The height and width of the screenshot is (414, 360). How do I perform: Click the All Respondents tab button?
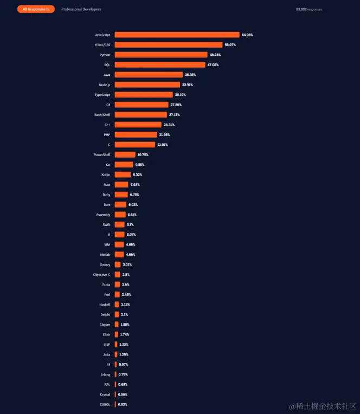36,9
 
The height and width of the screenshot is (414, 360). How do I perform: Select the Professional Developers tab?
81,9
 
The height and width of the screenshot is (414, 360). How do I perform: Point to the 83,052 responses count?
309,9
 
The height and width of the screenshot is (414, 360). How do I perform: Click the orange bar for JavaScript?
177,35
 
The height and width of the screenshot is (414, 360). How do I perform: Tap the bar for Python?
161,55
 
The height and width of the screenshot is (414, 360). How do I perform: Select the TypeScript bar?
144,95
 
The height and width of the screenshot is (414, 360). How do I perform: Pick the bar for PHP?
138,134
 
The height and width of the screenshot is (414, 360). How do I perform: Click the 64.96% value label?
247,35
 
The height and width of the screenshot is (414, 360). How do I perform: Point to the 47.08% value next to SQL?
214,64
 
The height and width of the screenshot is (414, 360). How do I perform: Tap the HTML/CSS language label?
102,44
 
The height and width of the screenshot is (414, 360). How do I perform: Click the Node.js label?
105,85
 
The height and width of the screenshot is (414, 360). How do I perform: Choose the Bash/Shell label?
102,115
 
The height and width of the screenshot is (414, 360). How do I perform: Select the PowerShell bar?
125,154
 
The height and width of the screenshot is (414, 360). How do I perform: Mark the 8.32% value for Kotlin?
139,174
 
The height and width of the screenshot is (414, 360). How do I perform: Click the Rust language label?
106,185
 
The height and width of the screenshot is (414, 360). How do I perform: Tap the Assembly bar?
120,215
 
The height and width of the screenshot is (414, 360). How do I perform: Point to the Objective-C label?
101,275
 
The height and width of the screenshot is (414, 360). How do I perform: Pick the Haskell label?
105,305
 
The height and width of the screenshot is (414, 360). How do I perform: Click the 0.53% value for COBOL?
123,404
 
